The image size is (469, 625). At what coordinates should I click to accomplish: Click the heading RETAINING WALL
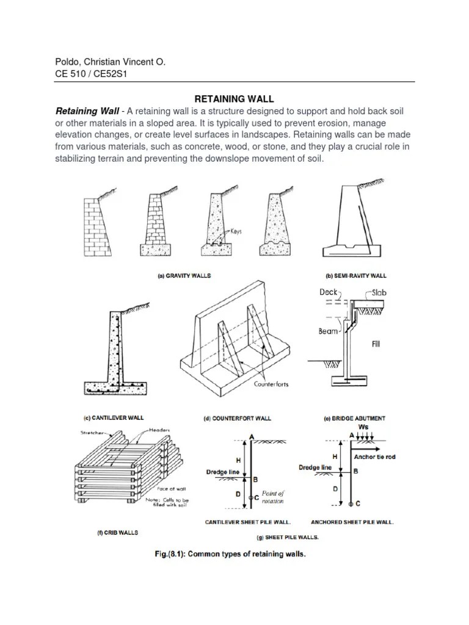[234, 98]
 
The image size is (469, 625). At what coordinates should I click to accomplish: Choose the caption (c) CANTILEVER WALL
[114, 417]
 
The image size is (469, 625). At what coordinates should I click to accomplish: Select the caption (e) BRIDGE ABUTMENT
[354, 419]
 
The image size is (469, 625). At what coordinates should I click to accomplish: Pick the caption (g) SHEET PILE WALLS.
[287, 537]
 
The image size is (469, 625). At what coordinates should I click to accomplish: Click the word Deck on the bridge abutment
[329, 292]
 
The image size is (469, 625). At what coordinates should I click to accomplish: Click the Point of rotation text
[273, 497]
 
